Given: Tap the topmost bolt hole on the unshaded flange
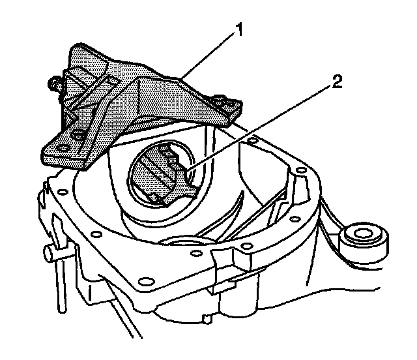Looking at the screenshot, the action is (x=252, y=139).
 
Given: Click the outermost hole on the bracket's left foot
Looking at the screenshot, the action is (x=64, y=149).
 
